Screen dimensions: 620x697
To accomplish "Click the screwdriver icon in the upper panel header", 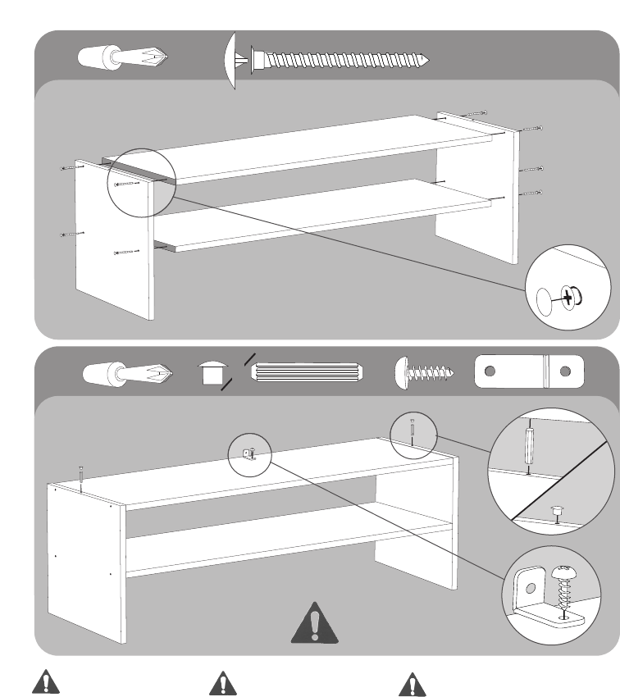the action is coord(123,57).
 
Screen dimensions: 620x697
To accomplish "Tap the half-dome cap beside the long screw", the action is coord(230,58).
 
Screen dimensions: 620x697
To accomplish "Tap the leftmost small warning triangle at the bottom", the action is coord(47,684).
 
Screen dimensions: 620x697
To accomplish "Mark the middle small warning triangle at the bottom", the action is coord(221,684).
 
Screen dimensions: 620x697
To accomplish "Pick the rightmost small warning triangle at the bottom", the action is coord(410,684).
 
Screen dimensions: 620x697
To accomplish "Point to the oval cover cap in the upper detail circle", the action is coord(544,302).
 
